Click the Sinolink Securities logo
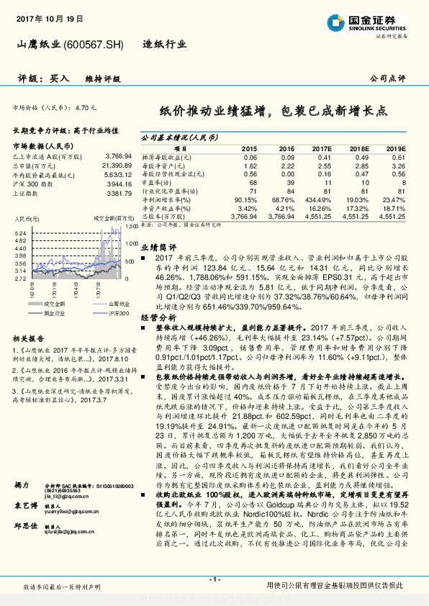click(374, 21)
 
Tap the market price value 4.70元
click(86, 107)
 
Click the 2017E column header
click(322, 148)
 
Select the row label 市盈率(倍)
click(160, 182)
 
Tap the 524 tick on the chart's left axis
click(20, 233)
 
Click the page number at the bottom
click(214, 579)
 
